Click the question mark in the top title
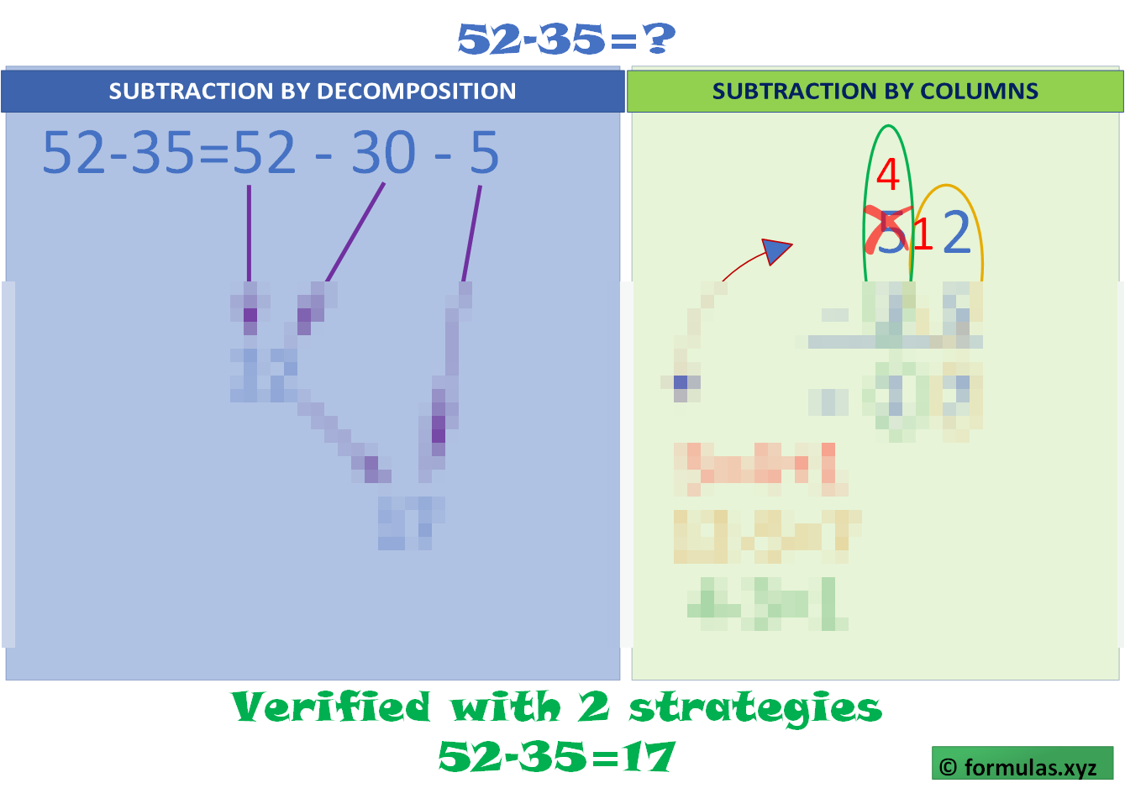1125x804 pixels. click(660, 39)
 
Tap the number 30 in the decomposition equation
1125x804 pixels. click(384, 153)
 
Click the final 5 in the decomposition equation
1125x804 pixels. click(484, 153)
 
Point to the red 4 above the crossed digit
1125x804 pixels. click(887, 174)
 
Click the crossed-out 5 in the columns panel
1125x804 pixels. click(889, 233)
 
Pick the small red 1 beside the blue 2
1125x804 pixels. click(923, 234)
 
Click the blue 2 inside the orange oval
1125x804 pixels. click(956, 233)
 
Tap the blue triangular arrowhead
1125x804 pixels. click(776, 250)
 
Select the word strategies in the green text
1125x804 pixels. click(755, 708)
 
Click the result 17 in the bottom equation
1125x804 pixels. click(649, 757)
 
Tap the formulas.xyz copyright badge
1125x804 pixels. click(1022, 765)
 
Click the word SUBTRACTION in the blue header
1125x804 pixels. click(189, 91)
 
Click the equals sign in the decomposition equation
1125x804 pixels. click(213, 154)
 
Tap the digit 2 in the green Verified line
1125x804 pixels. click(592, 707)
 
